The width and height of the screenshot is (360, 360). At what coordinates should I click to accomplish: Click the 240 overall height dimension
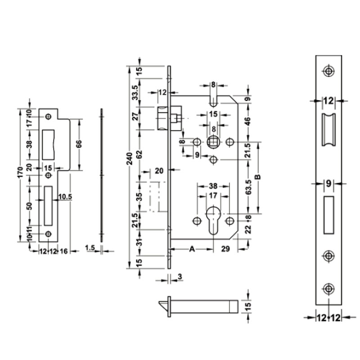(130, 158)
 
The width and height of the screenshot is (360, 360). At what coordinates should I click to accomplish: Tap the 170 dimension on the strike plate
(20, 172)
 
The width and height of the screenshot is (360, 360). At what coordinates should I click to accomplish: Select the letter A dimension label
(192, 249)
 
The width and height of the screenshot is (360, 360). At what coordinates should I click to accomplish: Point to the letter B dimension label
(258, 177)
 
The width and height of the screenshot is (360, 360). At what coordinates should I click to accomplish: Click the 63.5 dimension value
(248, 187)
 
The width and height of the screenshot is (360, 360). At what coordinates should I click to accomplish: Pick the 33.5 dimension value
(135, 93)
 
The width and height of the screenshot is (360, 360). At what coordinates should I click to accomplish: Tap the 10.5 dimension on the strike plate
(65, 197)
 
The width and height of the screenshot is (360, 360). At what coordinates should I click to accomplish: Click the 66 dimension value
(79, 144)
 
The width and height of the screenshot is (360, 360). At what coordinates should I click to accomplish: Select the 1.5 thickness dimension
(90, 248)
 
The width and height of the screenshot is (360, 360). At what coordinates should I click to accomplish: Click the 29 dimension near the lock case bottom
(225, 249)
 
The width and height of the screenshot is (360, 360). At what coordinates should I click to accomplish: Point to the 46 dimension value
(248, 121)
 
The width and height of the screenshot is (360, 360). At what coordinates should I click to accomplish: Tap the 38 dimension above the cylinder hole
(213, 186)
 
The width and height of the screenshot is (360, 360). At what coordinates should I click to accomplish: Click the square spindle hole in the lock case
(213, 142)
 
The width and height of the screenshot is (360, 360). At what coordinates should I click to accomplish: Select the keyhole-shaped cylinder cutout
(213, 220)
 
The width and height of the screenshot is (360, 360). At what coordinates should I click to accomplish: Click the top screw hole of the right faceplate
(328, 71)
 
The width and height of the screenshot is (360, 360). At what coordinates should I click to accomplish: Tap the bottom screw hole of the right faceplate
(328, 289)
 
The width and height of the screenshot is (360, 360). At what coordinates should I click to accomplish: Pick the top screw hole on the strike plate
(48, 117)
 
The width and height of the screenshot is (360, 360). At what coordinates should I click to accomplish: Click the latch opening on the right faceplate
(328, 130)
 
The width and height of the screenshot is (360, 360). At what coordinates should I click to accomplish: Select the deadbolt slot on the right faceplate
(328, 215)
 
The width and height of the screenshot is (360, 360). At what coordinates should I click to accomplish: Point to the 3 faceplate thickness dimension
(180, 276)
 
